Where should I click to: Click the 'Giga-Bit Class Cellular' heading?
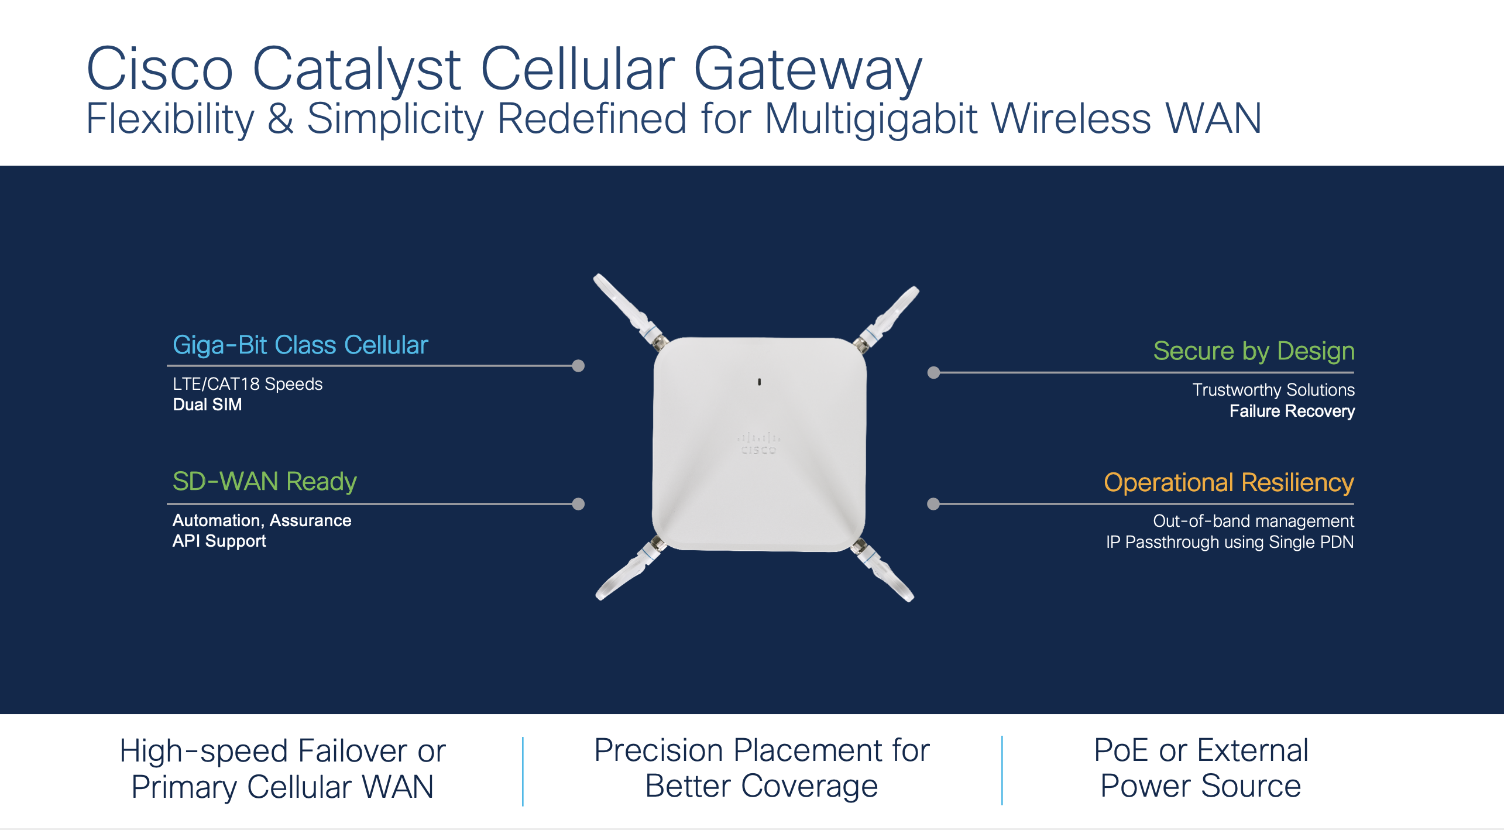pyautogui.click(x=300, y=345)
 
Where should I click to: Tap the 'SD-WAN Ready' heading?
pyautogui.click(x=265, y=481)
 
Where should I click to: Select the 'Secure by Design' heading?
pyautogui.click(x=1254, y=351)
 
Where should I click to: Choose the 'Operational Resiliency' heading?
pyautogui.click(x=1228, y=482)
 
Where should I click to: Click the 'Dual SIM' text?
pyautogui.click(x=207, y=404)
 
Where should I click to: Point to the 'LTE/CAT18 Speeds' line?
pyautogui.click(x=248, y=384)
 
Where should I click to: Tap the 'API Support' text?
pyautogui.click(x=219, y=541)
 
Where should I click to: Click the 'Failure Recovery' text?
pyautogui.click(x=1292, y=411)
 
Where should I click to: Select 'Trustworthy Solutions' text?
pyautogui.click(x=1273, y=390)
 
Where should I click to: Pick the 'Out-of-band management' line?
pyautogui.click(x=1253, y=521)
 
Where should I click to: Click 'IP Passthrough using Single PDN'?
pyautogui.click(x=1230, y=542)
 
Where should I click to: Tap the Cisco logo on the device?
pyautogui.click(x=758, y=444)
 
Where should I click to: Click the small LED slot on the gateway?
pyautogui.click(x=759, y=382)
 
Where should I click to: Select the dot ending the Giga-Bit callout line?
pyautogui.click(x=578, y=366)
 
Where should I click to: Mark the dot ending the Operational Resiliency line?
pyautogui.click(x=933, y=504)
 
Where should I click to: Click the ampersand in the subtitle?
pyautogui.click(x=280, y=119)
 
